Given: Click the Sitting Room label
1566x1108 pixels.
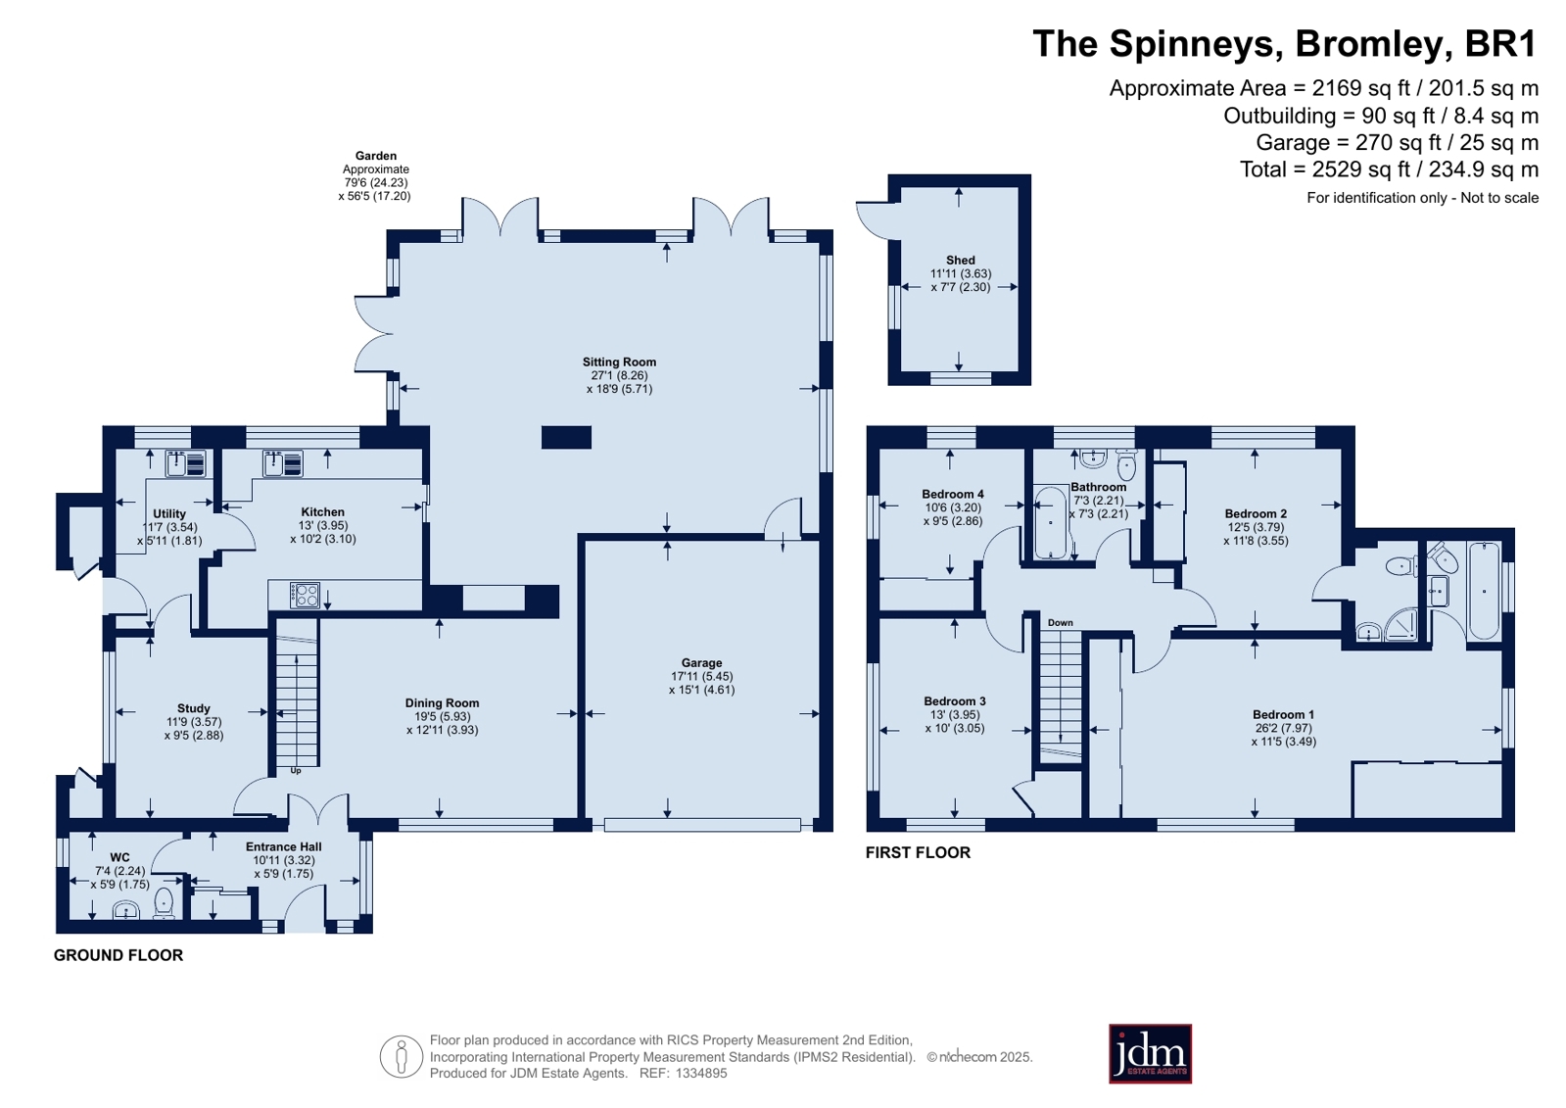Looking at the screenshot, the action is coord(619,361).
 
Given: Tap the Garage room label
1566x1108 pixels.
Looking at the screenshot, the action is coord(702,662).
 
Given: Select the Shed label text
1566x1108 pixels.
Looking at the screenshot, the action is coord(961,260).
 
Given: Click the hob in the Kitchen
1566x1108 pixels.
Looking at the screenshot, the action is coord(305,596).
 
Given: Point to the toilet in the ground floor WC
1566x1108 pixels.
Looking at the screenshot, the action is coord(164,903).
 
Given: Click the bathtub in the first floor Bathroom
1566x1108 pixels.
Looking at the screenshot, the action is coord(1050,523).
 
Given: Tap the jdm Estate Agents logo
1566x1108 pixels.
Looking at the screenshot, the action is coord(1150,1053).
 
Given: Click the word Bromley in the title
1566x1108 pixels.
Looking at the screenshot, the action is coord(1369,43).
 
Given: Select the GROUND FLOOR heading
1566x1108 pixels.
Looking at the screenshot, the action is coord(119,955).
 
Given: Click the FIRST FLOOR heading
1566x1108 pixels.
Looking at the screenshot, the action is coord(918,852).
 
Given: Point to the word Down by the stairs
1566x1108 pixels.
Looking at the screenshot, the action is coord(1060,622).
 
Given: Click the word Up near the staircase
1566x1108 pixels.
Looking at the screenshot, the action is coord(296,771).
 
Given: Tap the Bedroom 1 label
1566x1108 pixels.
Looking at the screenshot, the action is coord(1284,714).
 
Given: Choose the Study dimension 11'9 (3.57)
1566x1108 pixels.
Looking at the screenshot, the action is coord(194,722).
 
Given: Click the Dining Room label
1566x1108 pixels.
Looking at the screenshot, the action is coord(443,703).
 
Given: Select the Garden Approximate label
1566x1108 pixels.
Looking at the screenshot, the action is coord(375,163).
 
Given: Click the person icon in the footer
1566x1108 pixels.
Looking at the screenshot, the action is coord(402,1056).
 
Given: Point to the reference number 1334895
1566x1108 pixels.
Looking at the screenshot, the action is coord(701,1073).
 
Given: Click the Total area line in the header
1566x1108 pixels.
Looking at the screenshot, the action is coord(1389,169).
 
